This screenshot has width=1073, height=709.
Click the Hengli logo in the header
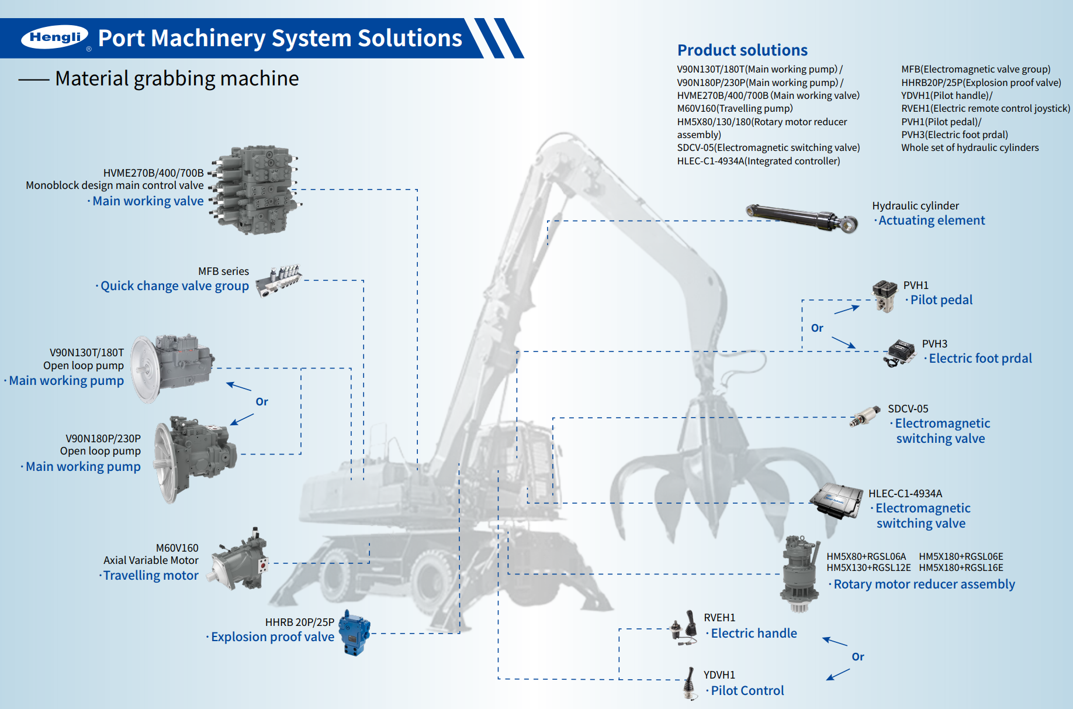(55, 37)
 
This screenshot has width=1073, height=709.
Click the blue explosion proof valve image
(355, 633)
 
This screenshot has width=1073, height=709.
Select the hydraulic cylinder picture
(802, 218)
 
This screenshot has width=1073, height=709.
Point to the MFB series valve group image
(279, 280)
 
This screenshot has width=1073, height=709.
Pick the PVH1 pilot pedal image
(885, 296)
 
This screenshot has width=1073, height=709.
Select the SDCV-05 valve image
(865, 417)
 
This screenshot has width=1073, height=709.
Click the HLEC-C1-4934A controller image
(837, 501)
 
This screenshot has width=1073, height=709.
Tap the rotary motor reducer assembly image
(799, 573)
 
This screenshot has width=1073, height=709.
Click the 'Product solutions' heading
(742, 50)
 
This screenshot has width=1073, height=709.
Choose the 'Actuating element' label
(932, 221)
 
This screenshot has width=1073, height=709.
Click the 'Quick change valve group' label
(174, 286)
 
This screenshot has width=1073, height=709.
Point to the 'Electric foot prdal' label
(980, 359)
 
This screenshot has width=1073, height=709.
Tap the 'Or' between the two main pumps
(262, 402)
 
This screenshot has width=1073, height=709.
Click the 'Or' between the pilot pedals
(817, 328)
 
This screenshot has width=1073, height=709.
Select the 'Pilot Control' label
(747, 691)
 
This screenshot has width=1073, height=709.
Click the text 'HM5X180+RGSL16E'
(961, 567)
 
